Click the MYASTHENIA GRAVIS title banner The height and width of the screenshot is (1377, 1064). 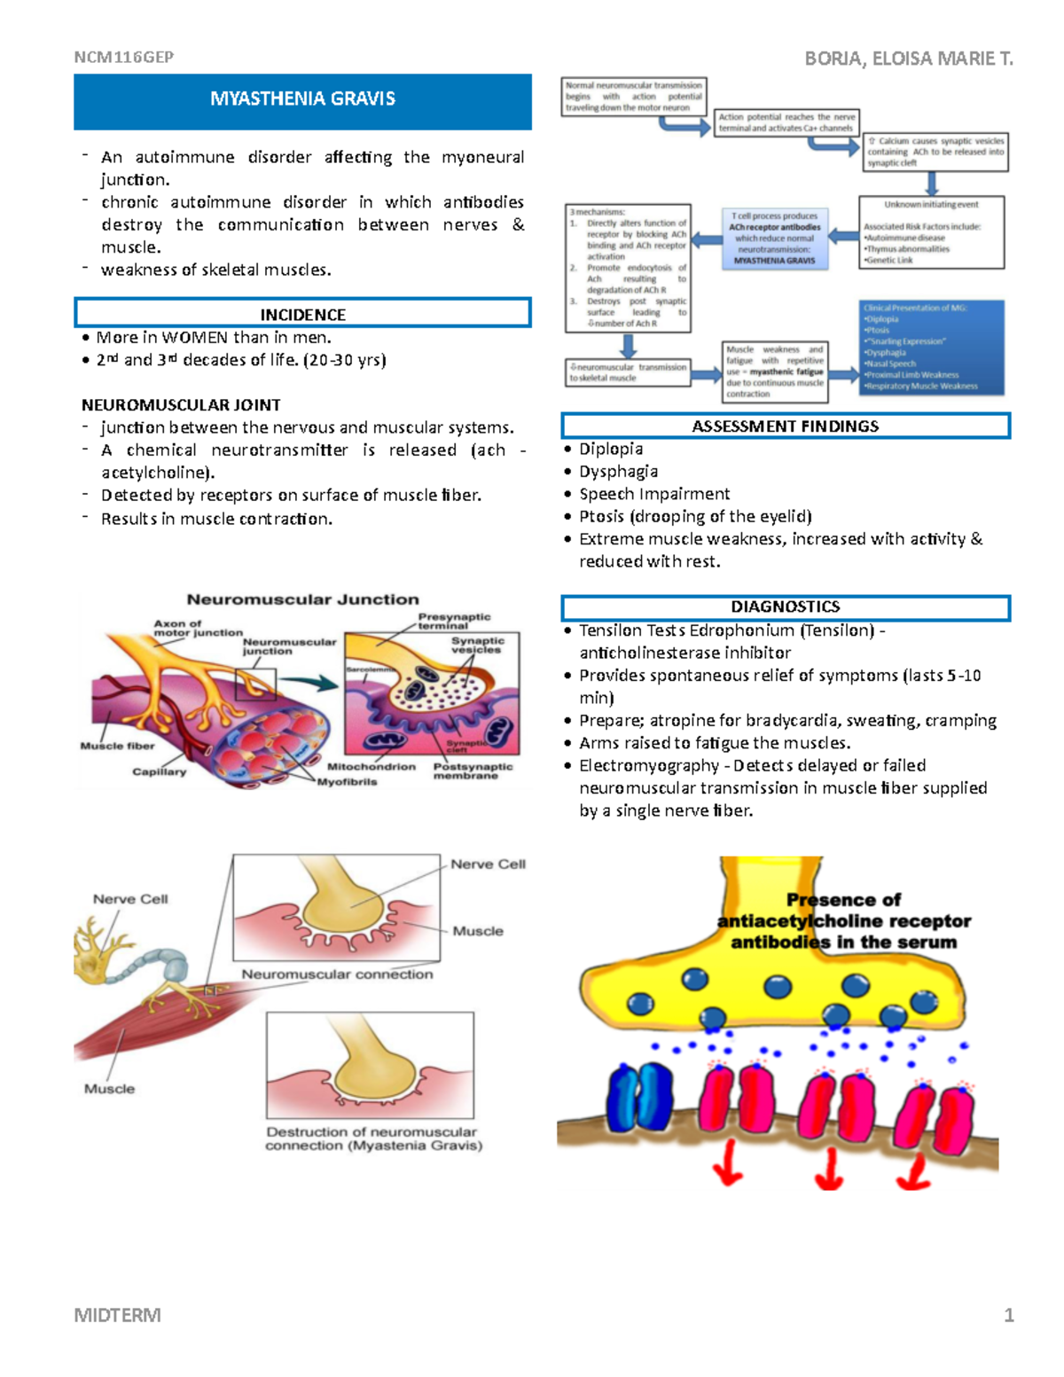point(302,99)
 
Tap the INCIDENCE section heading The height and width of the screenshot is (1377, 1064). point(302,314)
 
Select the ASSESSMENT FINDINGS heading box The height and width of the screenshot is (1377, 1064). point(785,426)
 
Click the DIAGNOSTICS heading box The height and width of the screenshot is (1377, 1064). point(785,607)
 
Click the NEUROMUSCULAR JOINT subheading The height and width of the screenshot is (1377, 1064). point(181,405)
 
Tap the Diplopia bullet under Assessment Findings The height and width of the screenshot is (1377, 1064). point(611,450)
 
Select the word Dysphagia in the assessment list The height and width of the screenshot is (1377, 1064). point(618,472)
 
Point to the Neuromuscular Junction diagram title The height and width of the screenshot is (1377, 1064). point(302,599)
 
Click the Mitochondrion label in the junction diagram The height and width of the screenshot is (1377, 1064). point(371,767)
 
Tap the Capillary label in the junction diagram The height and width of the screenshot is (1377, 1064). point(160,771)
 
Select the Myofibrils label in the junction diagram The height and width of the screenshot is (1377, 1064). point(347,782)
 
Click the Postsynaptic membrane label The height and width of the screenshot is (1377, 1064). point(472,771)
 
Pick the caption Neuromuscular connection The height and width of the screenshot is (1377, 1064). point(337,974)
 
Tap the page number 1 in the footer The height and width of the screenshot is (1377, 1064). point(1008,1315)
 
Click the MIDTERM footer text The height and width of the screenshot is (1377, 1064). point(118,1315)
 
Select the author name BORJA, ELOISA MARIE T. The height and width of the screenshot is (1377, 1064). point(908,59)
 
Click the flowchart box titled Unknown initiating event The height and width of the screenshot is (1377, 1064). point(931,231)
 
